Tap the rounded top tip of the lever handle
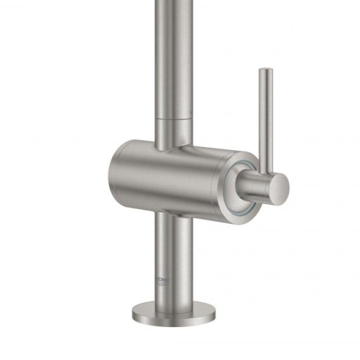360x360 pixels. click(265, 70)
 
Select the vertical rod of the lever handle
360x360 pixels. click(265, 118)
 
